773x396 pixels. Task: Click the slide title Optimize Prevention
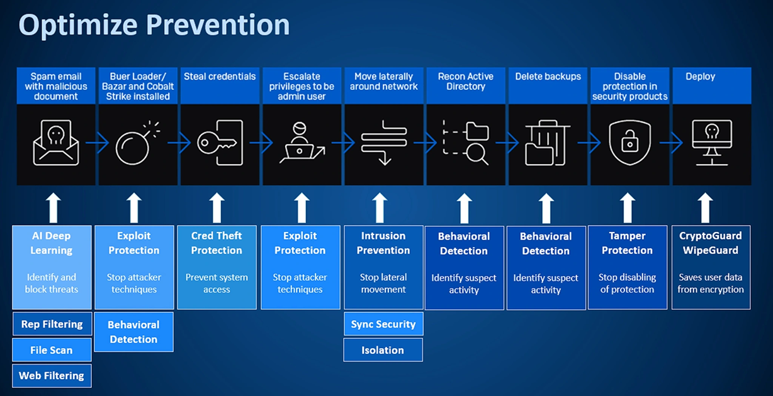(x=154, y=25)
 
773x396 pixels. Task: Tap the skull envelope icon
(x=56, y=143)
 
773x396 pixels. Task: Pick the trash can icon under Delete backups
(x=547, y=144)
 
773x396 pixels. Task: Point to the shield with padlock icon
(x=629, y=144)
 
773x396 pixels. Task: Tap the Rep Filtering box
(x=52, y=324)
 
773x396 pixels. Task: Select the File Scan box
(x=52, y=350)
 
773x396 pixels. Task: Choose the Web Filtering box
(x=52, y=376)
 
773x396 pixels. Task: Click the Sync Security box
(x=383, y=324)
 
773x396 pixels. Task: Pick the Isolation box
(x=383, y=350)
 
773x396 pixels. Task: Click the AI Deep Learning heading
(x=52, y=243)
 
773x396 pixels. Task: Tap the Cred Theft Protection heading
(x=217, y=243)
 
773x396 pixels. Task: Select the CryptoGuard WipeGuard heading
(x=711, y=243)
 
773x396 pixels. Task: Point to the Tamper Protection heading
(x=628, y=243)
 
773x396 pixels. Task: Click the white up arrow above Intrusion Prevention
(x=380, y=207)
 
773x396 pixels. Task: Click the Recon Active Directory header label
(x=466, y=82)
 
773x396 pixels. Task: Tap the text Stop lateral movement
(x=383, y=283)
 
